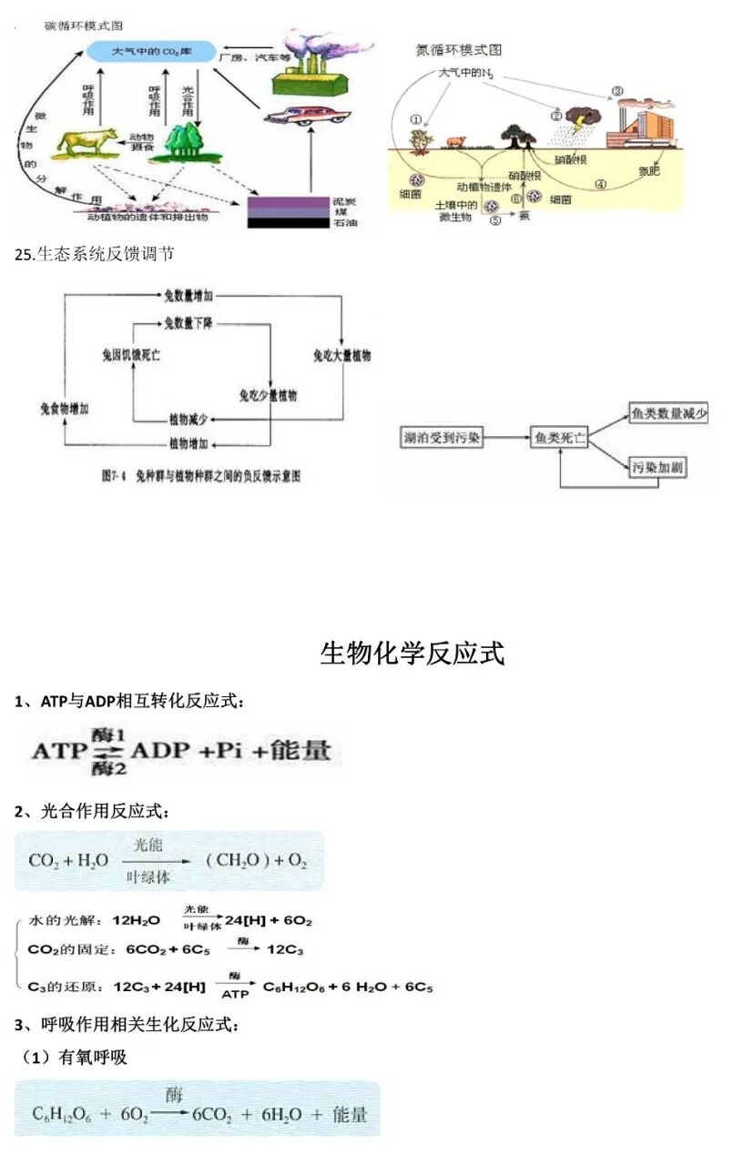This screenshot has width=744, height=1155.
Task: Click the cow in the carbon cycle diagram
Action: click(x=87, y=140)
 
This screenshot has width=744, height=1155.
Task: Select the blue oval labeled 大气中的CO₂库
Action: click(x=150, y=52)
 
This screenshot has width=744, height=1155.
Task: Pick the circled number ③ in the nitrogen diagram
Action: click(x=617, y=91)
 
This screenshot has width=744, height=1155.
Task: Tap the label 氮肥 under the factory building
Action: click(x=648, y=169)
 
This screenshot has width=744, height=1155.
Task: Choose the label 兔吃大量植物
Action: click(x=341, y=355)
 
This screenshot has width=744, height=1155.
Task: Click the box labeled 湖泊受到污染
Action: click(x=442, y=439)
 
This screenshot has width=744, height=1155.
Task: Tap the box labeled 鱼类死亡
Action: click(x=559, y=439)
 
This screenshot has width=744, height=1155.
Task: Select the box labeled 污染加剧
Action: click(x=658, y=469)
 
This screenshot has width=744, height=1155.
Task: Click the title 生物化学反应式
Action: click(x=412, y=653)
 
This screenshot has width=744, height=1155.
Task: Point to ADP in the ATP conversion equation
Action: click(x=161, y=752)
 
